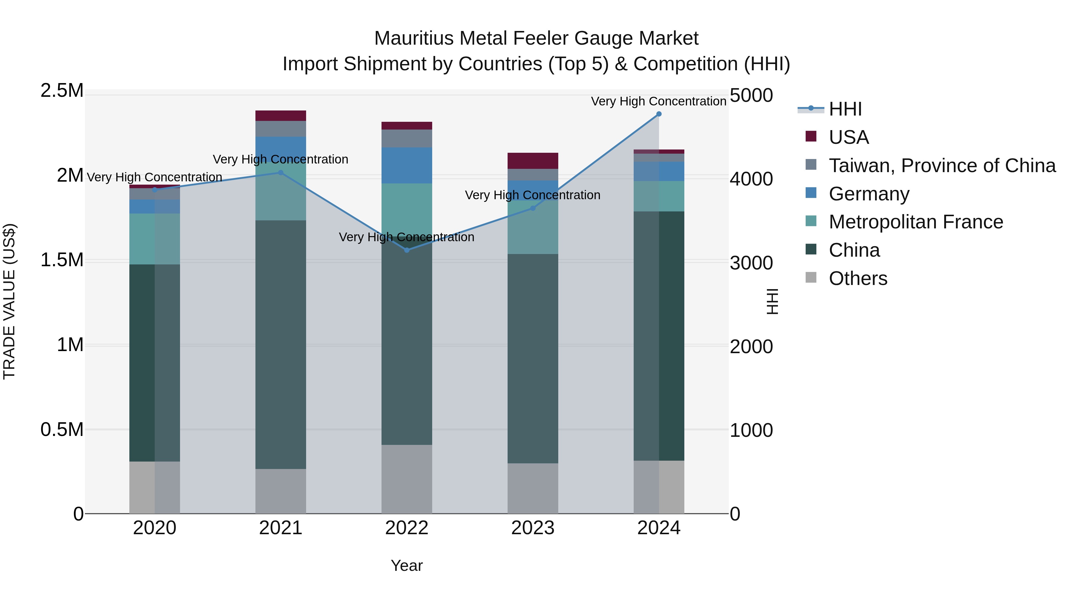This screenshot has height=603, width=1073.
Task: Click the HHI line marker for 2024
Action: tap(658, 114)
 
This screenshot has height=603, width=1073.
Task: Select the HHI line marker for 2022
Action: tap(407, 250)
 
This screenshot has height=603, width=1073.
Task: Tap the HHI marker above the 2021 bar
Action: tap(281, 173)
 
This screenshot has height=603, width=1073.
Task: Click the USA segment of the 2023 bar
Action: tap(532, 161)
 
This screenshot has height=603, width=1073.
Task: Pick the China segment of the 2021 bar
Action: tap(281, 345)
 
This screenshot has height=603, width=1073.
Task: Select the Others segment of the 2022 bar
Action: tap(407, 479)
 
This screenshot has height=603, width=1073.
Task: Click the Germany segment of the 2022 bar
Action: tap(407, 165)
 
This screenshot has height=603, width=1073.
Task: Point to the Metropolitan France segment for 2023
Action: tap(532, 227)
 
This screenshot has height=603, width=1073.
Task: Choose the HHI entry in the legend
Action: tap(845, 109)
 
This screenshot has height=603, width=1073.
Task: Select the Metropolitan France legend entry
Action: tap(916, 222)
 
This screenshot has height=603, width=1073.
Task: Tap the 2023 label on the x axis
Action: tap(532, 528)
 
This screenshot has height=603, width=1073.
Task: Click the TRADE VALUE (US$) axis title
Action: tap(9, 301)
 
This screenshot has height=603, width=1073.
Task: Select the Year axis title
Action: tap(407, 565)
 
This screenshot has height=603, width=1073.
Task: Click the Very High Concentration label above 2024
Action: tap(658, 101)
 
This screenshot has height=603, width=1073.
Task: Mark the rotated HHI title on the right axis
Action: tap(772, 301)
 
